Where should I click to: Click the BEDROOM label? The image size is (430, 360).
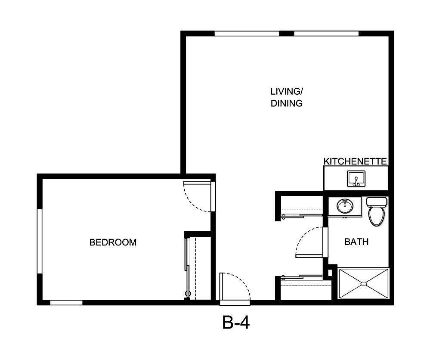pyautogui.click(x=113, y=242)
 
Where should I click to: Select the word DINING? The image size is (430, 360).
pyautogui.click(x=287, y=103)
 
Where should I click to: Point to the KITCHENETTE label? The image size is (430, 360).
pyautogui.click(x=356, y=161)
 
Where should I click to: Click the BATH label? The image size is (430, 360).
pyautogui.click(x=356, y=242)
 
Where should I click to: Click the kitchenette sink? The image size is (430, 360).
pyautogui.click(x=356, y=178)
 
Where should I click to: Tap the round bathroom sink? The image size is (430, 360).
pyautogui.click(x=345, y=206)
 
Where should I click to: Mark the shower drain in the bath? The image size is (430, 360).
pyautogui.click(x=364, y=283)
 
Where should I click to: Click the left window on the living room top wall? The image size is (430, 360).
pyautogui.click(x=247, y=34)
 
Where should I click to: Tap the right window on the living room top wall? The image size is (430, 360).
pyautogui.click(x=326, y=34)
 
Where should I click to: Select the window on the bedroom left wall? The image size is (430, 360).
pyautogui.click(x=39, y=241)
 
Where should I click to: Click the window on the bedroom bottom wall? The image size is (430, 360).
pyautogui.click(x=66, y=302)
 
